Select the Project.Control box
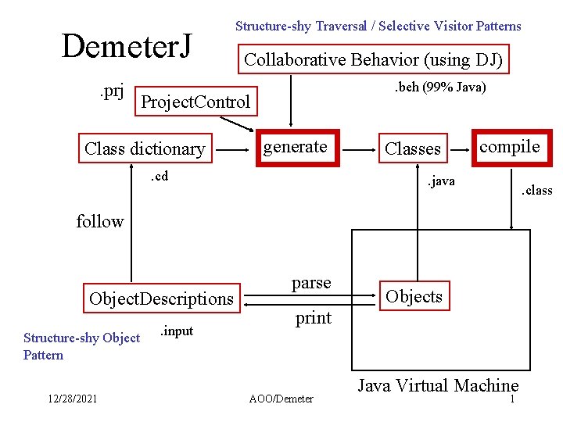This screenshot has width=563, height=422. tap(195, 101)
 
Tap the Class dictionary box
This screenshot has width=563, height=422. tap(145, 148)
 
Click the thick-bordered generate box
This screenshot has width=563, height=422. tap(296, 147)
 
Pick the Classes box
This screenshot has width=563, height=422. tap(413, 148)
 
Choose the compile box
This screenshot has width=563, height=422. tap(509, 147)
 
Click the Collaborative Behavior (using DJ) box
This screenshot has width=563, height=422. tap(374, 59)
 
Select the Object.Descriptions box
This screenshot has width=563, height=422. tap(161, 299)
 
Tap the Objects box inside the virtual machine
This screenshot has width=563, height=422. tap(414, 296)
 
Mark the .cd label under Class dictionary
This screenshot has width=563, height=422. tap(159, 176)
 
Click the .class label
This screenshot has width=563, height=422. tap(536, 190)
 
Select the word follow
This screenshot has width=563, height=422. tap(100, 221)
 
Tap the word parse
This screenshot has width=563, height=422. tap(311, 282)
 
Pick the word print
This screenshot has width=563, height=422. tap(313, 318)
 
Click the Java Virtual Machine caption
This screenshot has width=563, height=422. tap(438, 385)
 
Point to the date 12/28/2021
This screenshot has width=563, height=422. tap(72, 399)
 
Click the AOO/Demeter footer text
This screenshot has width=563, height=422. tap(281, 399)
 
